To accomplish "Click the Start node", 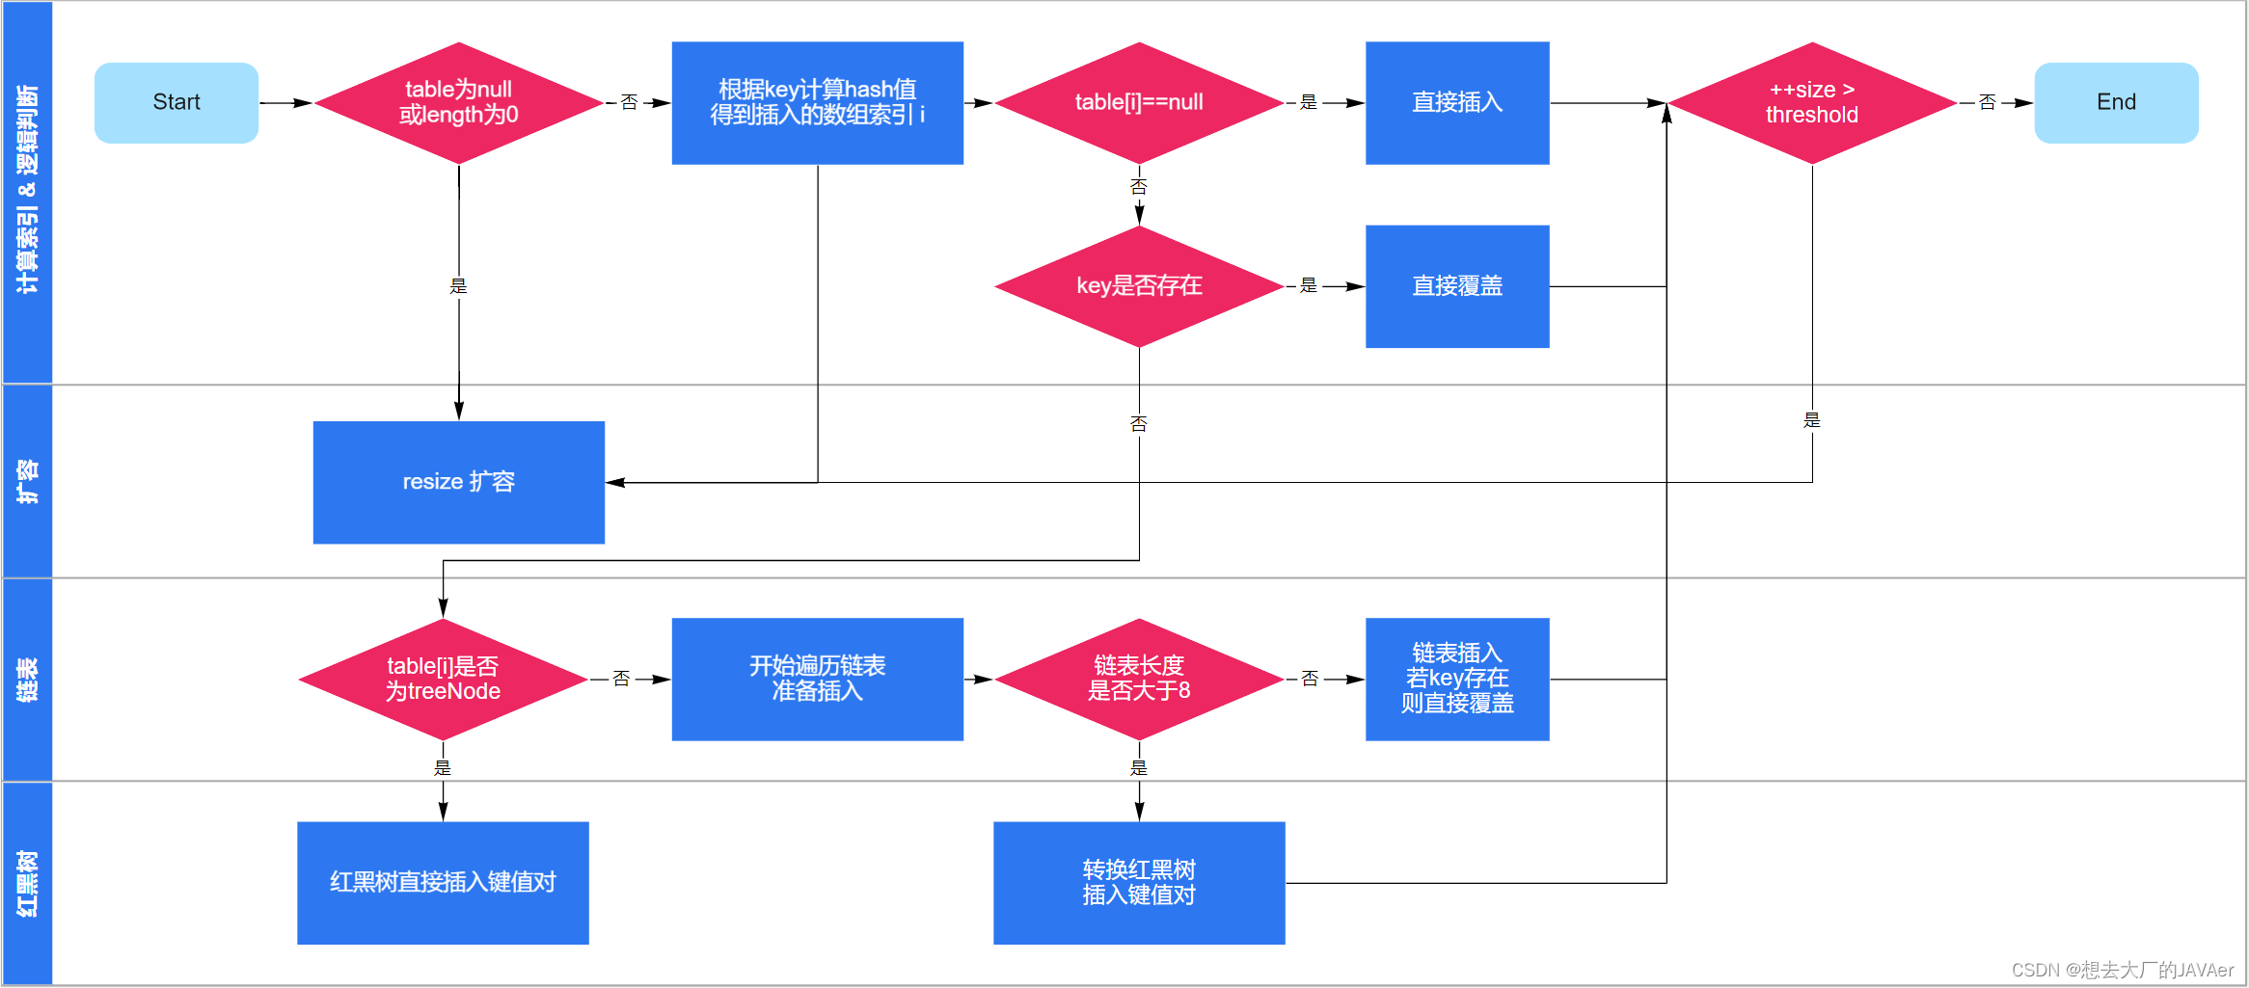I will click(176, 102).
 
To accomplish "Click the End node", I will click(2116, 102).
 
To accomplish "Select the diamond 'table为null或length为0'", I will click(459, 102).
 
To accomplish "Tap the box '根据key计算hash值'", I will click(817, 102).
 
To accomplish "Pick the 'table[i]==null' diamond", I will click(1139, 102).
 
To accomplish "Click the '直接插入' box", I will click(1457, 102).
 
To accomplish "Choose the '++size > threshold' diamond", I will click(1811, 102).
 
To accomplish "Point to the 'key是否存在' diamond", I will click(1139, 286).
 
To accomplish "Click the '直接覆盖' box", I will click(1457, 286).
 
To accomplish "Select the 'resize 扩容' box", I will click(459, 482).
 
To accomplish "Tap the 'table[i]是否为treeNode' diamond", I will click(443, 680).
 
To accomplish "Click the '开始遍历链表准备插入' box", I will click(817, 680).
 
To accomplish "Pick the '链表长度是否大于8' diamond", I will click(1139, 680).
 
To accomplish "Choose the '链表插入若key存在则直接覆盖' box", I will click(1457, 680).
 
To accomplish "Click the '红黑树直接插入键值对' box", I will click(443, 883).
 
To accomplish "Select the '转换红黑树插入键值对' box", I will click(1139, 883).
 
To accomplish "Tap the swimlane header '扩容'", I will click(27, 481).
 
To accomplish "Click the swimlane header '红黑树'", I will click(27, 883).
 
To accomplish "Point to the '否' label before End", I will click(1987, 102).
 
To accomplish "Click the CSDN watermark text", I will click(2122, 970).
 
